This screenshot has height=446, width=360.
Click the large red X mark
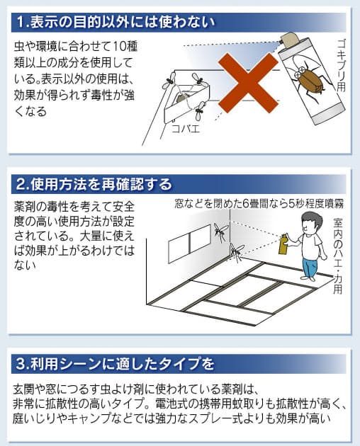[248, 83]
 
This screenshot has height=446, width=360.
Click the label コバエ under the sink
[186, 129]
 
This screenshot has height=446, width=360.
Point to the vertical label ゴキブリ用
[341, 65]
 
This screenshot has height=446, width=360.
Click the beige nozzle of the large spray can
[290, 40]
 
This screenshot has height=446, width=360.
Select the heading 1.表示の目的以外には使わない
[116, 22]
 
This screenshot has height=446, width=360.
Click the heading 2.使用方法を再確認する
[94, 184]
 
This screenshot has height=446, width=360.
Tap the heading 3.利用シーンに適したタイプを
[115, 364]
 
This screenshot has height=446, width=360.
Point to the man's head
[312, 222]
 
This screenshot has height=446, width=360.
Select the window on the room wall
[189, 244]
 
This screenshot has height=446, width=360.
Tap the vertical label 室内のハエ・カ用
[338, 256]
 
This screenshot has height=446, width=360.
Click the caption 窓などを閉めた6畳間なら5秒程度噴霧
[259, 204]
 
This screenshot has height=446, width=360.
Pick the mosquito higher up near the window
[220, 231]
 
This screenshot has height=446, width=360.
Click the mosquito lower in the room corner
[237, 252]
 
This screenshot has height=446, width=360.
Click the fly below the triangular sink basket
[200, 111]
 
